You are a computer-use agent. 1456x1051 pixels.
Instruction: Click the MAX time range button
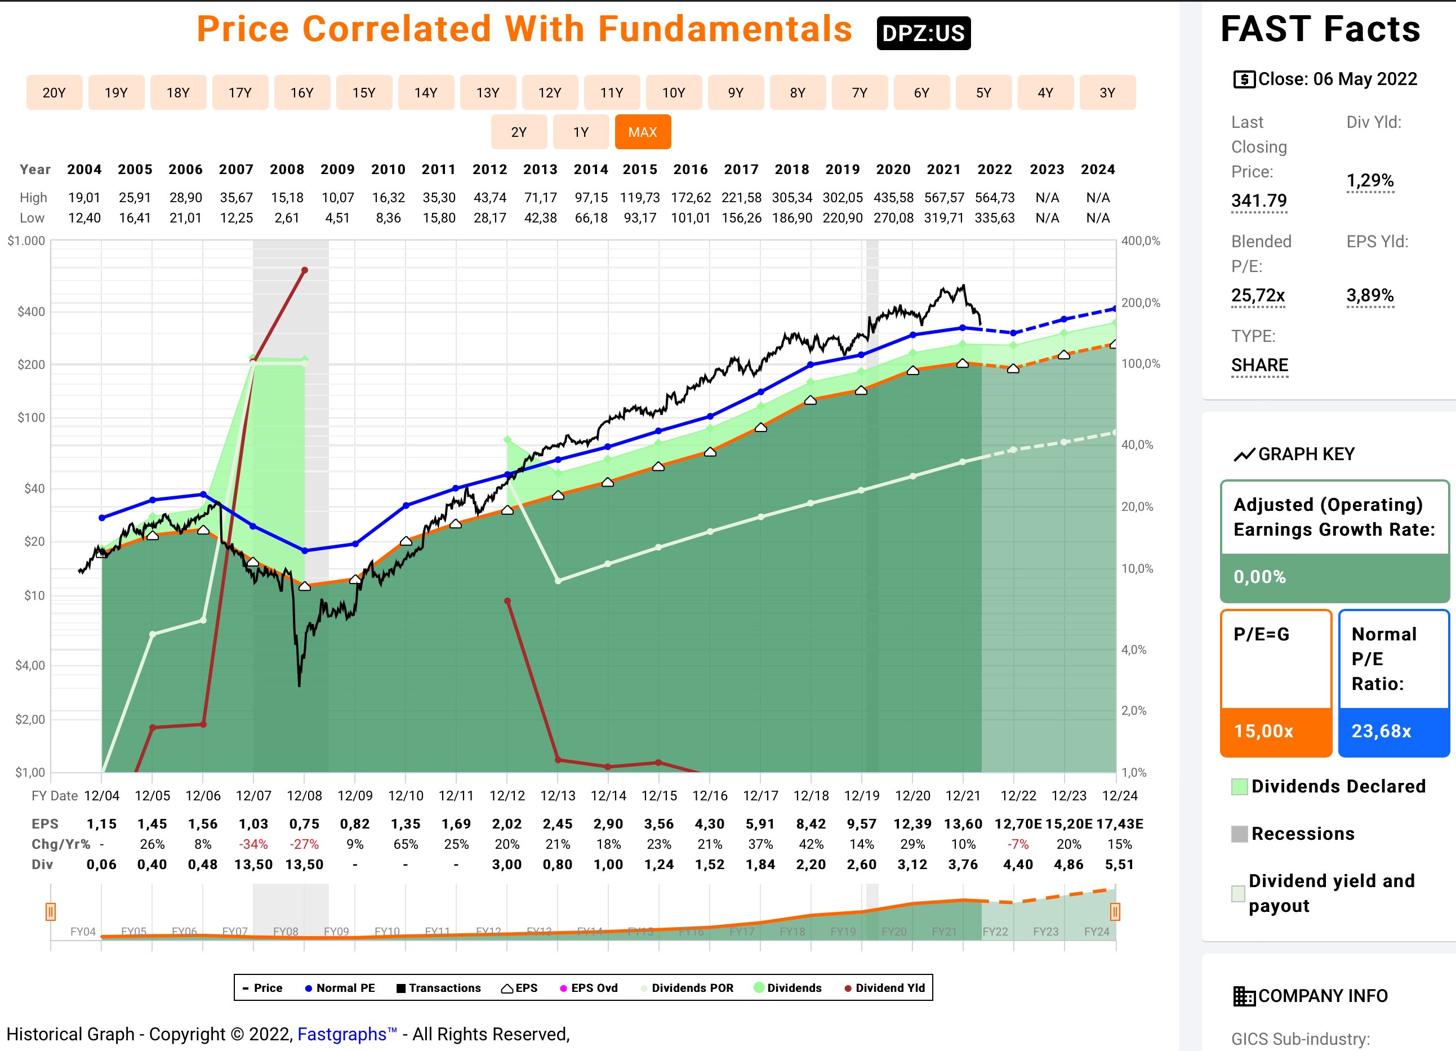[643, 132]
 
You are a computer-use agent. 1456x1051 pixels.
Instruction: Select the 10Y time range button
[674, 93]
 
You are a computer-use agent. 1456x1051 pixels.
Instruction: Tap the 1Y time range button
[580, 132]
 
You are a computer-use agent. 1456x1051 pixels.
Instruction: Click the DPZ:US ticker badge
[923, 33]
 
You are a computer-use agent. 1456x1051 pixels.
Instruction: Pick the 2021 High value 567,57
[943, 198]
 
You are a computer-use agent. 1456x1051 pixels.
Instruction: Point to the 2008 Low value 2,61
[287, 219]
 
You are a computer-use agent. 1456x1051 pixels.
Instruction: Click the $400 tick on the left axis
[31, 312]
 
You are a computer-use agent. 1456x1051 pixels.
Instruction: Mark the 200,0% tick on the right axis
[1141, 303]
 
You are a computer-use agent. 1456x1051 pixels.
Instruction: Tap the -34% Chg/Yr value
[253, 844]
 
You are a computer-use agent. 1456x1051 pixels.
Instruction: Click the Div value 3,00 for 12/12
[507, 865]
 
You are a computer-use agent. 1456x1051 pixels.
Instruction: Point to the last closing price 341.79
[1259, 201]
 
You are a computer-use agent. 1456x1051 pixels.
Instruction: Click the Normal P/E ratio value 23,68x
[1382, 731]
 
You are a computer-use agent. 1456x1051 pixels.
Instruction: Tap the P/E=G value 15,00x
[1263, 731]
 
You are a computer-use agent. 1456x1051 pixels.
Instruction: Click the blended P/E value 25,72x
[1258, 295]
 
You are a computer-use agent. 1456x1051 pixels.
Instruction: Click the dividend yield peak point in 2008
[305, 270]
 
